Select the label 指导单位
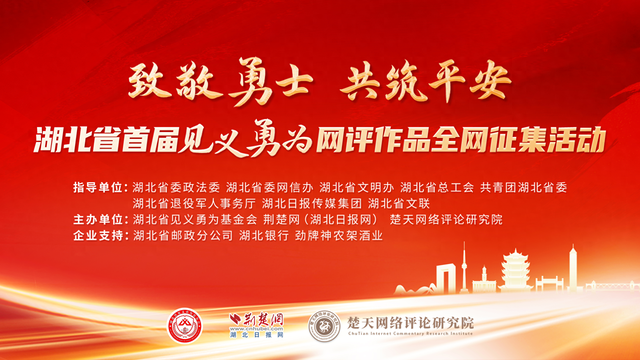(x=101, y=187)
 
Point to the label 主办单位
(x=101, y=219)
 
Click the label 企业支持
(x=101, y=235)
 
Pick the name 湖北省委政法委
(x=176, y=187)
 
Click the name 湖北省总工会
(x=437, y=187)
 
